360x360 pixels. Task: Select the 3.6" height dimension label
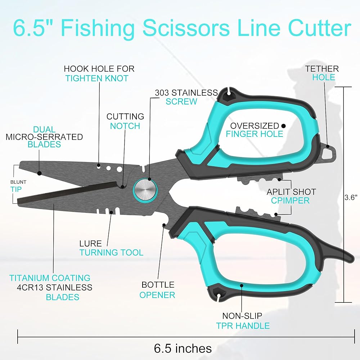click(x=351, y=197)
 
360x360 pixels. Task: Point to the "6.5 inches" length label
click(x=183, y=348)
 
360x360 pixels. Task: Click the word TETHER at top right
click(x=322, y=68)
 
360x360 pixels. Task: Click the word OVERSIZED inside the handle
click(x=255, y=126)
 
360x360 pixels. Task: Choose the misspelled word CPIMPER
click(x=290, y=201)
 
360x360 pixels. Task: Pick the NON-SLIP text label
click(x=242, y=316)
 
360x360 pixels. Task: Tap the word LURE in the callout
click(x=91, y=243)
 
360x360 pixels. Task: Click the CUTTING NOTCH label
click(x=125, y=121)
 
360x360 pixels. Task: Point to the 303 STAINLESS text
click(x=186, y=93)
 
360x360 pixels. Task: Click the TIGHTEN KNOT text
click(x=96, y=78)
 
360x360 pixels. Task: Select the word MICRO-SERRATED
click(x=44, y=137)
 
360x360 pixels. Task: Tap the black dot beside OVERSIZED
click(x=284, y=126)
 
